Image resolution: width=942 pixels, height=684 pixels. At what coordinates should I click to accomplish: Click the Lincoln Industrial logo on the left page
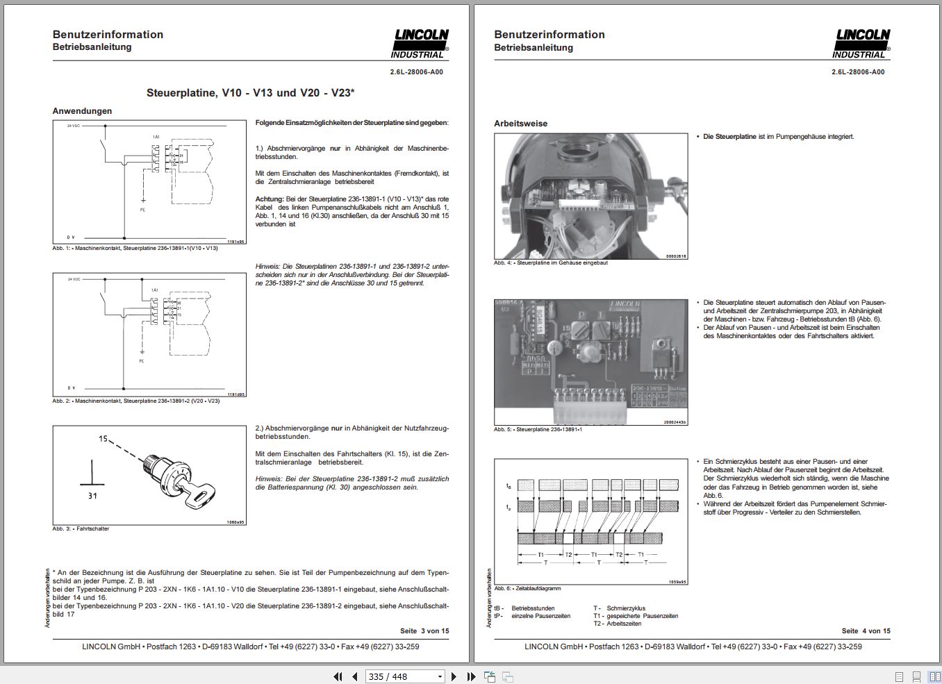click(x=420, y=44)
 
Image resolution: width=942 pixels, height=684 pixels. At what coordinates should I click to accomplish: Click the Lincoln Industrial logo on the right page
click(x=862, y=44)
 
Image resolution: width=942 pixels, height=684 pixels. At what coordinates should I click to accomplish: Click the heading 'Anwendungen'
click(x=82, y=111)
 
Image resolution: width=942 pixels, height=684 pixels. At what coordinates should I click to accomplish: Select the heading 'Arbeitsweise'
click(x=520, y=124)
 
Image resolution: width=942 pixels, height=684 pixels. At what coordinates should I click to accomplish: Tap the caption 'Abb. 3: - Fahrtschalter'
click(x=81, y=529)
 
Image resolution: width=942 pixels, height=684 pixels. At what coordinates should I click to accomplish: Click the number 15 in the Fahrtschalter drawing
click(x=103, y=439)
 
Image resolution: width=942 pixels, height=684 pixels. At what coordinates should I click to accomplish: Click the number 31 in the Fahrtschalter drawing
click(x=93, y=496)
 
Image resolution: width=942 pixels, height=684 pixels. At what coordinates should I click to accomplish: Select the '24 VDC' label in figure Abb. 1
click(x=74, y=126)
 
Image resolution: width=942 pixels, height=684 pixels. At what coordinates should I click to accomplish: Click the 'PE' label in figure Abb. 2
click(x=142, y=361)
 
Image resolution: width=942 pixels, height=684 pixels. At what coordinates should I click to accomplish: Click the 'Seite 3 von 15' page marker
click(x=424, y=631)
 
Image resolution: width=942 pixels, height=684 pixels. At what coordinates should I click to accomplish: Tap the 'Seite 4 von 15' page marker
click(x=866, y=631)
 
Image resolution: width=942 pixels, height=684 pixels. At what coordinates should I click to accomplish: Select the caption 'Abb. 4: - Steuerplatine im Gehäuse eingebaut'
click(x=551, y=263)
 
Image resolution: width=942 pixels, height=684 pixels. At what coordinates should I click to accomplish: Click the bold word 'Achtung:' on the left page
click(x=270, y=199)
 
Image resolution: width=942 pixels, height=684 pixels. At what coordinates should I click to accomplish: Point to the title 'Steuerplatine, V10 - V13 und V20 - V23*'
click(x=250, y=93)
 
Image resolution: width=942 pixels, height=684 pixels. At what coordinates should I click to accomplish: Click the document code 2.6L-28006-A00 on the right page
click(x=858, y=72)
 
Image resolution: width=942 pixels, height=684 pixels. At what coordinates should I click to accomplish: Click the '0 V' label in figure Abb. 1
click(x=71, y=237)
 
